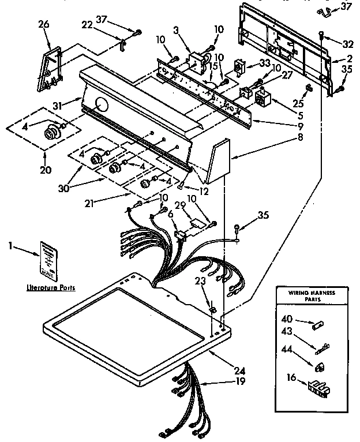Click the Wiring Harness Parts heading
point(311,297)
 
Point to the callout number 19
point(239,381)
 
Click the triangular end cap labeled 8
point(218,163)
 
